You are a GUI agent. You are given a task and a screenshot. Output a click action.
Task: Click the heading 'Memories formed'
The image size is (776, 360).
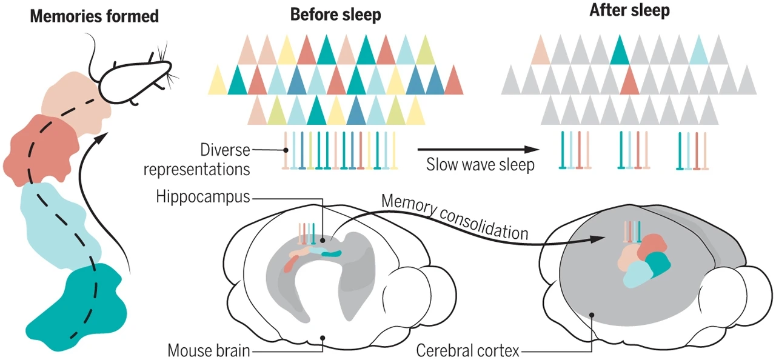click(94, 16)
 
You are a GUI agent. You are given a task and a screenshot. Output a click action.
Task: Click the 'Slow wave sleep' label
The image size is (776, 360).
click(480, 165)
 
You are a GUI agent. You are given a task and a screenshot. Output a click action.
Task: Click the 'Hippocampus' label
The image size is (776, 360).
click(202, 196)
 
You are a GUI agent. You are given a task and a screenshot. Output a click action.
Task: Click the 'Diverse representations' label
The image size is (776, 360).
click(196, 159)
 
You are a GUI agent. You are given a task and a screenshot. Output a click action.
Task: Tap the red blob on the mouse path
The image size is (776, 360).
click(42, 146)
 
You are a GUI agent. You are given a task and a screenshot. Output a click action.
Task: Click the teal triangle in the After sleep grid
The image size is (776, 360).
click(620, 52)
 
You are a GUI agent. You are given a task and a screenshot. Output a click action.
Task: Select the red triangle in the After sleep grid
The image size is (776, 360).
click(629, 82)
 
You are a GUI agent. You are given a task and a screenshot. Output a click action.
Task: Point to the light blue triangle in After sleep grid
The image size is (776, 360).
click(700, 52)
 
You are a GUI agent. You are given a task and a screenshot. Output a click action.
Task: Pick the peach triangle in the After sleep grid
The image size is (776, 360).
click(540, 52)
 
